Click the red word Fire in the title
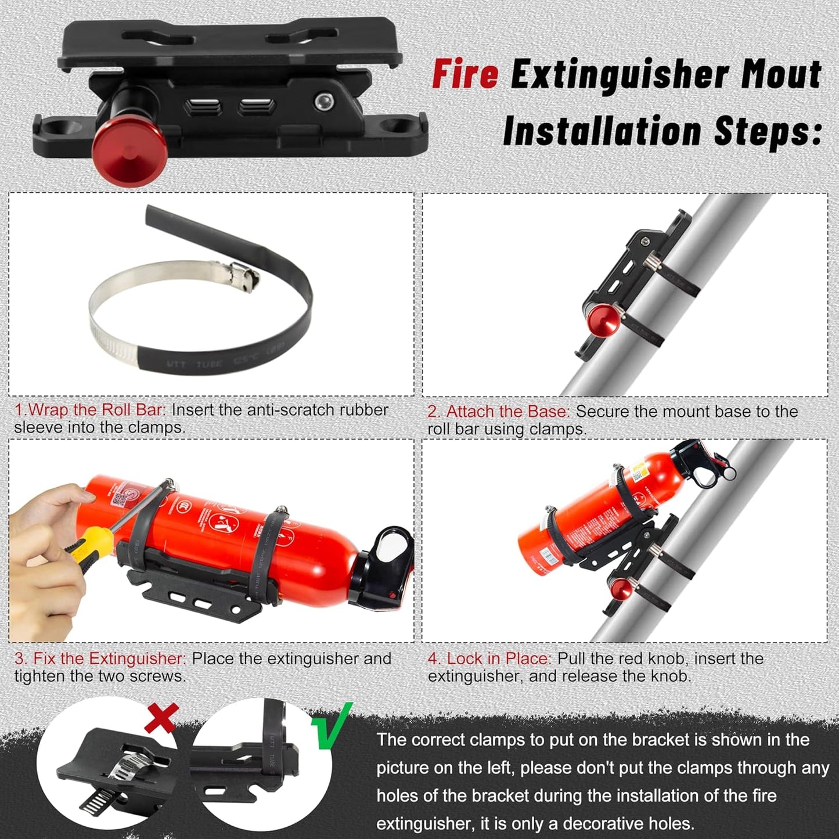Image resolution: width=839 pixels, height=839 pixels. point(464,75)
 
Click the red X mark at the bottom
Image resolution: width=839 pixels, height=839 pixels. point(160,718)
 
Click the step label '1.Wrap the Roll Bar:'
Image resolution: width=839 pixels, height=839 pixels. point(90,410)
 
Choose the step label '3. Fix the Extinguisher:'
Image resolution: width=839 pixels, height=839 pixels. point(100,659)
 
